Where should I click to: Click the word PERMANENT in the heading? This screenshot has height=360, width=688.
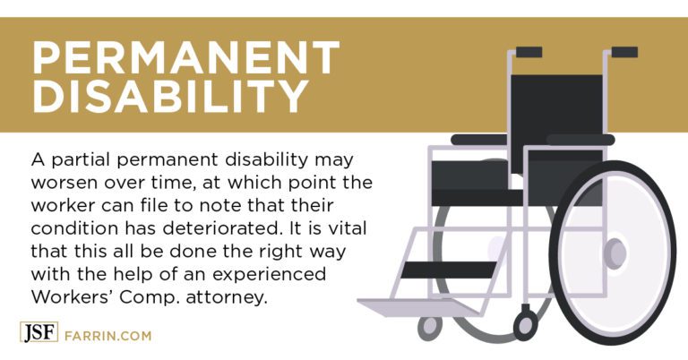click(x=186, y=57)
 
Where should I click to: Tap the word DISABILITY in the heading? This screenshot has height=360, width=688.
click(x=171, y=96)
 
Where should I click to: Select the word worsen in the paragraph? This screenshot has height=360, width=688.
click(x=64, y=183)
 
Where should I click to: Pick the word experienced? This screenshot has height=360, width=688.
click(x=269, y=275)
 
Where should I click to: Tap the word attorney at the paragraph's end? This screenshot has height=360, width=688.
click(x=227, y=298)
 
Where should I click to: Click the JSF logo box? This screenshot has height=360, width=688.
click(x=39, y=332)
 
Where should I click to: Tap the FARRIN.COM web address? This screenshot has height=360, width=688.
click(x=107, y=336)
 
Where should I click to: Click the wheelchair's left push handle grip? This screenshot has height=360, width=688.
click(x=529, y=52)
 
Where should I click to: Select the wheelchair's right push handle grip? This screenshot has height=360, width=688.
click(x=624, y=52)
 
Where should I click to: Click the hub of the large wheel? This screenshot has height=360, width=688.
click(x=615, y=253)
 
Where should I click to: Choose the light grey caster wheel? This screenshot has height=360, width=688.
click(x=430, y=327)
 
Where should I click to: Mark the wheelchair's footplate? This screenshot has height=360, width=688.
click(x=417, y=306)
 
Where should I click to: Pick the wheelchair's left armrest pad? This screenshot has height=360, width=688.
click(x=480, y=140)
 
